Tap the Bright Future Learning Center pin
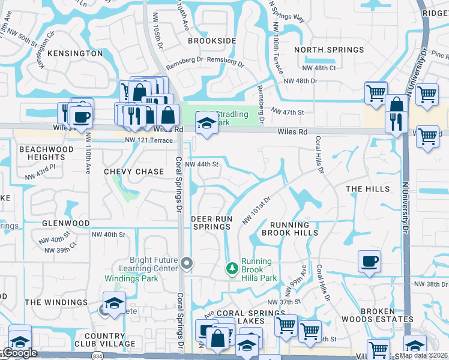tap(187, 262)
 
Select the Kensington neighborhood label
tap(75, 53)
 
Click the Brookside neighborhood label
tap(212, 41)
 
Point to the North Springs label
tap(330, 50)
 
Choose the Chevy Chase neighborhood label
tap(134, 172)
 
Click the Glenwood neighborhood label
tap(66, 223)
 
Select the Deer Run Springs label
tap(212, 223)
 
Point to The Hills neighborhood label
tap(368, 189)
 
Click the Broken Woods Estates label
tap(387, 316)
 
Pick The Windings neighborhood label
tap(56, 302)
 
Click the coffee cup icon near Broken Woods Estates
tap(369, 262)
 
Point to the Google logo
tap(20, 353)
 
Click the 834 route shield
tap(97, 356)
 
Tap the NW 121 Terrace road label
tap(149, 140)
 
